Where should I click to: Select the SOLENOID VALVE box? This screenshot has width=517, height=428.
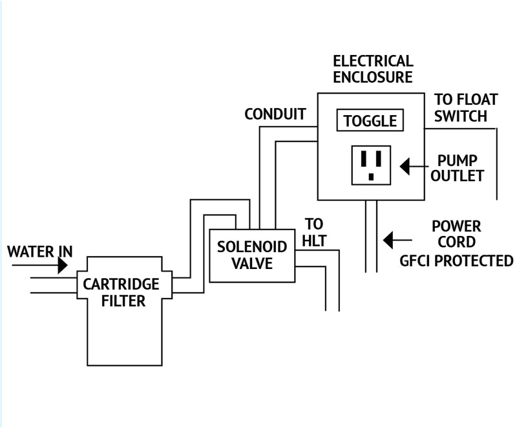click(251, 255)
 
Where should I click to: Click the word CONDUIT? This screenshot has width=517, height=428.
click(275, 115)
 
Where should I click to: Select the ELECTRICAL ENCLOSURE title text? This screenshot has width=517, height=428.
click(372, 69)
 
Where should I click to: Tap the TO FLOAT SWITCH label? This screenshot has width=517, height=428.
click(465, 108)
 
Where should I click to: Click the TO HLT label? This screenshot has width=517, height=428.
click(315, 233)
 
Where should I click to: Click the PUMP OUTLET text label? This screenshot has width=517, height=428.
click(460, 167)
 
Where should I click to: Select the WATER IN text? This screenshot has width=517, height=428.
click(39, 250)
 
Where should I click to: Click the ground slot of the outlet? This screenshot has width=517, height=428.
click(371, 175)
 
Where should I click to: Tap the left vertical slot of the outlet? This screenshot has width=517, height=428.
click(364, 158)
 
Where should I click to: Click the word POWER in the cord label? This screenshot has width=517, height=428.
click(456, 227)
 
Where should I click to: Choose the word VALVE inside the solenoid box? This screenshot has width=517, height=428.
click(251, 263)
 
